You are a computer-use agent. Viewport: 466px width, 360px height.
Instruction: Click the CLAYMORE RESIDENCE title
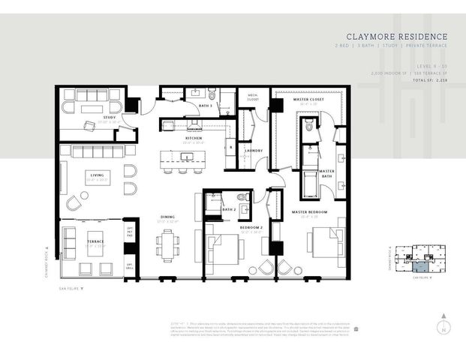tap(397, 36)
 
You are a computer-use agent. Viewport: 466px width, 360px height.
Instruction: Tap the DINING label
tap(168, 217)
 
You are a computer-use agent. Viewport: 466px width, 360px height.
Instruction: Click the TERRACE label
tap(95, 242)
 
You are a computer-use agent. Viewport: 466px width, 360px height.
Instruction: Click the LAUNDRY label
tap(254, 150)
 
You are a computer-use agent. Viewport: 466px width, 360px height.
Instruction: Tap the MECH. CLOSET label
tap(248, 96)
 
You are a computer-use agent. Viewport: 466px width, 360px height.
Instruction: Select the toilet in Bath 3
tap(212, 95)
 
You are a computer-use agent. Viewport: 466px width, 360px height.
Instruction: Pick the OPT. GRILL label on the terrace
tap(130, 266)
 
